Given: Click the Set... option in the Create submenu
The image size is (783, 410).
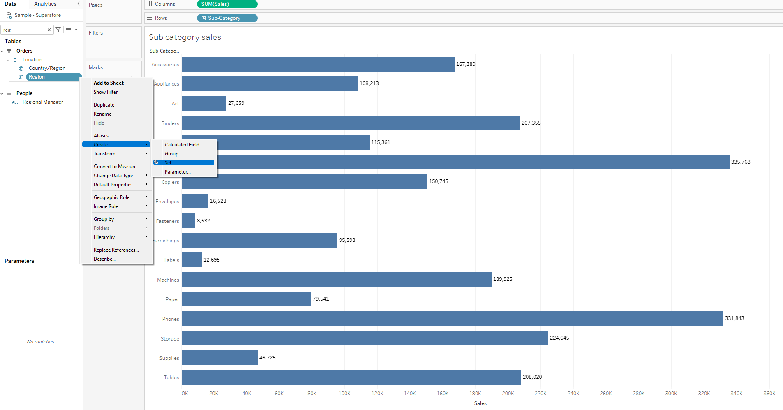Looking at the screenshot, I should coord(170,163).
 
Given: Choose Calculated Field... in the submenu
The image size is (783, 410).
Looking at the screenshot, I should coord(184,145).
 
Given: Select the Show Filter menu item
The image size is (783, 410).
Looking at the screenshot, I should coord(106,92).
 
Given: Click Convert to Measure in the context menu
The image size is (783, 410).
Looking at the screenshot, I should coord(115,167).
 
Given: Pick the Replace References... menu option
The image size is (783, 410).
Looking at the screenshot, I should coord(116,250).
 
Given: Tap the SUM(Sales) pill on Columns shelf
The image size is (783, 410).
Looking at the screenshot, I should coord(227,4).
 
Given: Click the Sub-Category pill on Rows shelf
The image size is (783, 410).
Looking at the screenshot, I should coord(227,18).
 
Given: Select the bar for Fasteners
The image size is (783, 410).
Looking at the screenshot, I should coord(188,221).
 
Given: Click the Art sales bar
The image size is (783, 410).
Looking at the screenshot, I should coord(204,103).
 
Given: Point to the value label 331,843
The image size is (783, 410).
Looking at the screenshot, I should coord(734,318).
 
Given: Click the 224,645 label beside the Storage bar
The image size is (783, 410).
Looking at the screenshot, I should coord(559,338).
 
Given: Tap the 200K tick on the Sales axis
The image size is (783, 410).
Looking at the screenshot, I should coord(508,394).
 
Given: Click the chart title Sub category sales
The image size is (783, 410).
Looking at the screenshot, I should coord(185,37).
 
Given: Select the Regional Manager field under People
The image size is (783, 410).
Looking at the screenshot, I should coord(43,102).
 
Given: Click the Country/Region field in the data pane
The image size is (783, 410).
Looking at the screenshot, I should coord(47,68).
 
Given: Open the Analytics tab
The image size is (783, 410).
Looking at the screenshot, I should coord(45,4).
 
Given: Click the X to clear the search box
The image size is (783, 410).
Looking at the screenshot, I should coord(49,30).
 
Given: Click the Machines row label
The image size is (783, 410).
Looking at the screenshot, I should coord(168,280).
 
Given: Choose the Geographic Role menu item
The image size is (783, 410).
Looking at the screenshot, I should coord(111,197).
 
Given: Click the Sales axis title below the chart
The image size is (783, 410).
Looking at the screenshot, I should coord(480,403).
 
